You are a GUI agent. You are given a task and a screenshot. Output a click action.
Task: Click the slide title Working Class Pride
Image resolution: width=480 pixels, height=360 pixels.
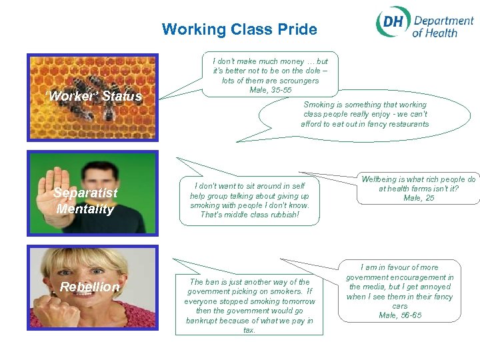(x=239, y=29)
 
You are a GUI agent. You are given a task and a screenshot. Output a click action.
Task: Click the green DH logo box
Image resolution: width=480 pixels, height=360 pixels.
(x=392, y=25)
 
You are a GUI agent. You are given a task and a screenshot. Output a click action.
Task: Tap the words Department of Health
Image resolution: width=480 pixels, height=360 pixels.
(x=442, y=27)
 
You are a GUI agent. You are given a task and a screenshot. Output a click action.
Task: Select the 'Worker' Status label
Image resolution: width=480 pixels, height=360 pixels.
(x=95, y=97)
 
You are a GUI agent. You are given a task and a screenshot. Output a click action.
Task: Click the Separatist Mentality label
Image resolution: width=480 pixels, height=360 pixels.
(x=85, y=201)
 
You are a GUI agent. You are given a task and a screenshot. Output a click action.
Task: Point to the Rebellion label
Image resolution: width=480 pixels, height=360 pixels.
(x=90, y=287)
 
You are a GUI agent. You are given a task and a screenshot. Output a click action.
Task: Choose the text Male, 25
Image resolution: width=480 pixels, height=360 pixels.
(x=419, y=198)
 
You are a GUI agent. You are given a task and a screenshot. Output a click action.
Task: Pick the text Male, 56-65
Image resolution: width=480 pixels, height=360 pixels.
(x=399, y=315)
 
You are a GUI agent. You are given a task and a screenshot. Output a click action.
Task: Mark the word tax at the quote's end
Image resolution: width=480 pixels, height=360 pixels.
(x=249, y=330)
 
